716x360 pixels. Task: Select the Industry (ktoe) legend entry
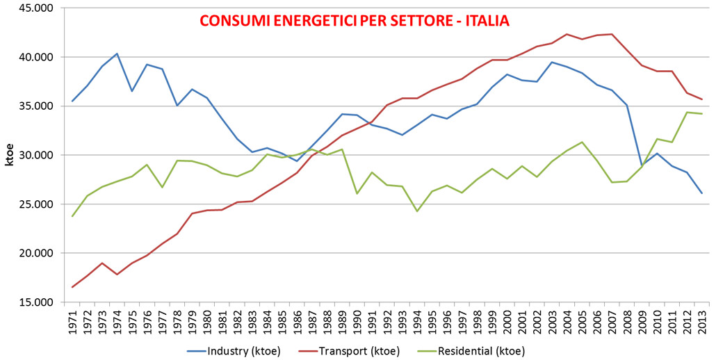234,351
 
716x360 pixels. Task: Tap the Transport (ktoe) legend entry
350,351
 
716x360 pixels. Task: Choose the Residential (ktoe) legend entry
471,351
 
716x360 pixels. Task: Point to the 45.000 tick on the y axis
35,8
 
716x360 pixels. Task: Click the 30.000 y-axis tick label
35,155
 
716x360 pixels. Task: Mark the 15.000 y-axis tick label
35,302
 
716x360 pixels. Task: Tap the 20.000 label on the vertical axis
35,253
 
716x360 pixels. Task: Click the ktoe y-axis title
8,156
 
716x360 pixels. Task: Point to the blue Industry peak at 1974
117,54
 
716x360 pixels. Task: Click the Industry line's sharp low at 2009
642,165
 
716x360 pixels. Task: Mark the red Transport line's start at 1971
72,287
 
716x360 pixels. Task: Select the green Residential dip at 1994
417,211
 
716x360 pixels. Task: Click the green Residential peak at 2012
687,113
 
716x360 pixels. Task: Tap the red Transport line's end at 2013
702,99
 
